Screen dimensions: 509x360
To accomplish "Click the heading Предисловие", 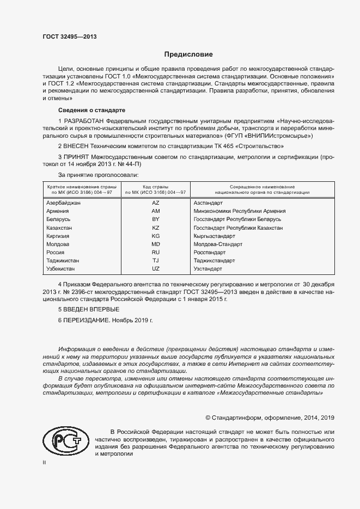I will [188, 54].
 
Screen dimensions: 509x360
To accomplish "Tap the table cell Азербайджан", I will [64, 203].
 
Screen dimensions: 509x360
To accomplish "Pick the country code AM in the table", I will [156, 211].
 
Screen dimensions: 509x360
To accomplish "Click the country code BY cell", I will [156, 219].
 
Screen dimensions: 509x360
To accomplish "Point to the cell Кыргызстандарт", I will [214, 236].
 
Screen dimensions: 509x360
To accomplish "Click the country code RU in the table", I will [156, 253].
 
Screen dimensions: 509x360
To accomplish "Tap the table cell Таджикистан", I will [63, 261].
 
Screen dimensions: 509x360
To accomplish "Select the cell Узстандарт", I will [208, 269].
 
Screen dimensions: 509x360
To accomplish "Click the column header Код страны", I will [156, 187].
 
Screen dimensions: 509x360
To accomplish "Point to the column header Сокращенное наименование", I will [262, 187].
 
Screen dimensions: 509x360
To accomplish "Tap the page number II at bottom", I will [44, 463].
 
